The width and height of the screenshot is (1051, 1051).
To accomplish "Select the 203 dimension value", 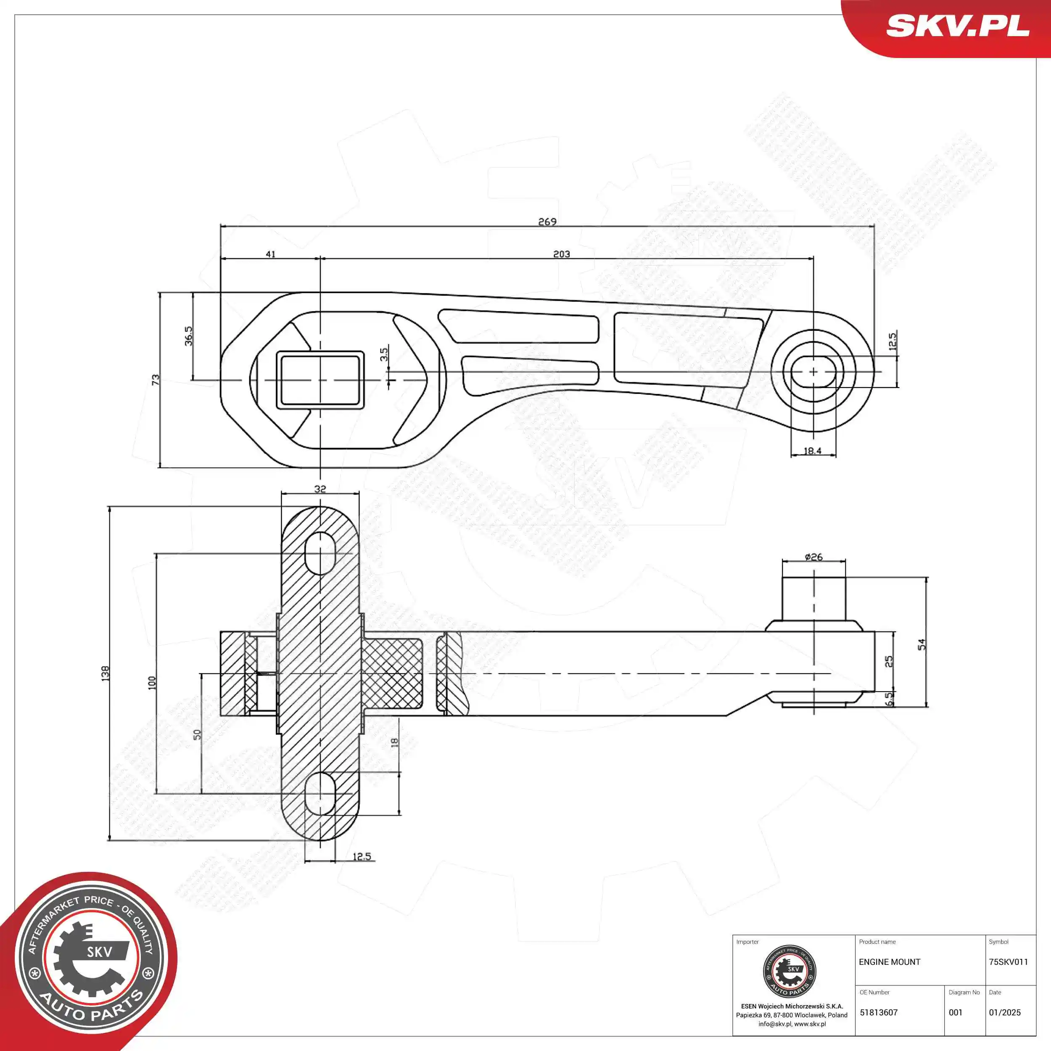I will [x=561, y=254].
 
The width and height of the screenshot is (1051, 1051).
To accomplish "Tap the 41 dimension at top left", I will [x=270, y=254].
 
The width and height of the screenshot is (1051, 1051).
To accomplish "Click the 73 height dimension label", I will [x=156, y=379].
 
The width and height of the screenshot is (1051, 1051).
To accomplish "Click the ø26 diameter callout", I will [x=813, y=557].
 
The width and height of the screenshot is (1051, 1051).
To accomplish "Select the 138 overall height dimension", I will [x=106, y=673].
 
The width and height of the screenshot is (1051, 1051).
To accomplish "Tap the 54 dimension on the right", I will [x=921, y=644].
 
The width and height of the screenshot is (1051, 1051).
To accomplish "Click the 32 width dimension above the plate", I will [x=320, y=489].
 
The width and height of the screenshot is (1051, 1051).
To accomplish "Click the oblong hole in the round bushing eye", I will [x=813, y=372].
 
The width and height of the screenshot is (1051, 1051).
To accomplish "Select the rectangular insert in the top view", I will [x=320, y=380].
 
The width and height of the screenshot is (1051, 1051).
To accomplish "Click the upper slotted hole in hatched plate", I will [x=320, y=553].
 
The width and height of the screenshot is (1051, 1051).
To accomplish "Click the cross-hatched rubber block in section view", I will [x=393, y=673].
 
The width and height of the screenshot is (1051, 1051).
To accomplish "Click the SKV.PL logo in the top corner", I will [x=957, y=26].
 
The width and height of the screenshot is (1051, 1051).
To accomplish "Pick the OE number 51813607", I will [x=879, y=1012].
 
